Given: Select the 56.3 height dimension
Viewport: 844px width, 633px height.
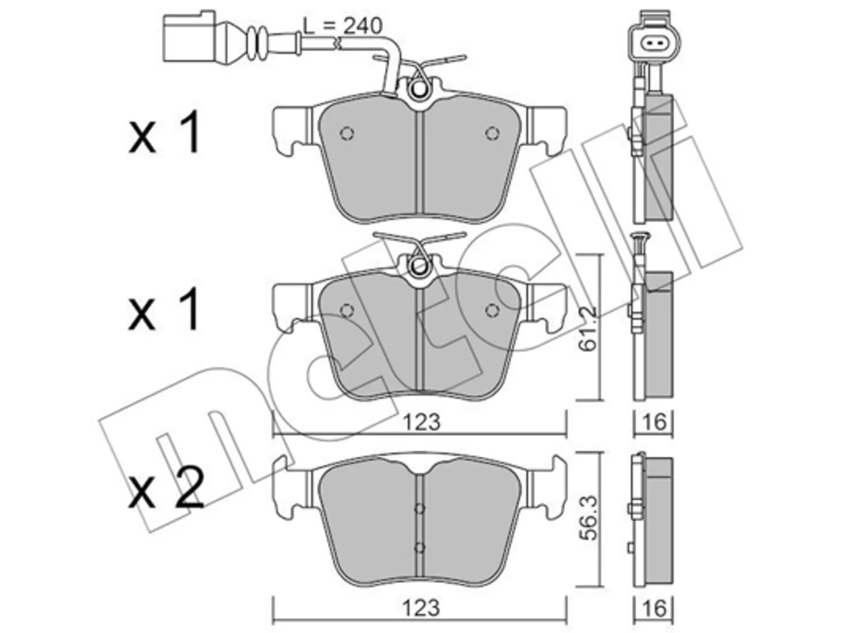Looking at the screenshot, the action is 588,518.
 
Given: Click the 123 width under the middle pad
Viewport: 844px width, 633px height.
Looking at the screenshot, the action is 421,422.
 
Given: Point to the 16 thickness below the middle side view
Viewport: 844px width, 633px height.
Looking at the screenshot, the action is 654,422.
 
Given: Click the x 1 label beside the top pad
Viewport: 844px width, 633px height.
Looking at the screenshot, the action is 164,131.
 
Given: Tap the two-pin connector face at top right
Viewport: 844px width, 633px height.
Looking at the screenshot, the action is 653,44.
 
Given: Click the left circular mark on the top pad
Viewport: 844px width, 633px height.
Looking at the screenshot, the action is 347,133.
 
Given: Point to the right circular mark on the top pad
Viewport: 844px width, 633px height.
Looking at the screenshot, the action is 492,133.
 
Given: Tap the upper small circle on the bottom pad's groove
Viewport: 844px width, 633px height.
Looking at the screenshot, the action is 419,509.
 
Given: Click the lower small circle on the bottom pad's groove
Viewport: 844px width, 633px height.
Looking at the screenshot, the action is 419,548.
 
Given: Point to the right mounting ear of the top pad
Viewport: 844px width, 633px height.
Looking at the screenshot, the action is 547,131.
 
